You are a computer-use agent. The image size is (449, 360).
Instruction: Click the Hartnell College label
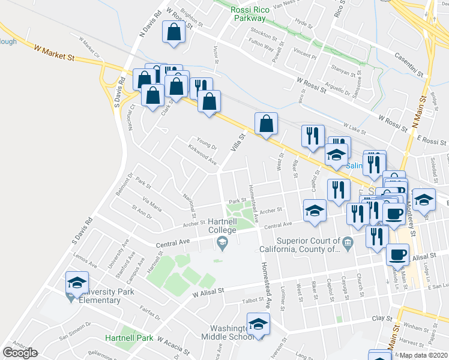point(223,225)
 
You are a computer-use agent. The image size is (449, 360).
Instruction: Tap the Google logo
point(20,353)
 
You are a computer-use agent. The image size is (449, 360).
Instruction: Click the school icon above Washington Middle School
point(259,325)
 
